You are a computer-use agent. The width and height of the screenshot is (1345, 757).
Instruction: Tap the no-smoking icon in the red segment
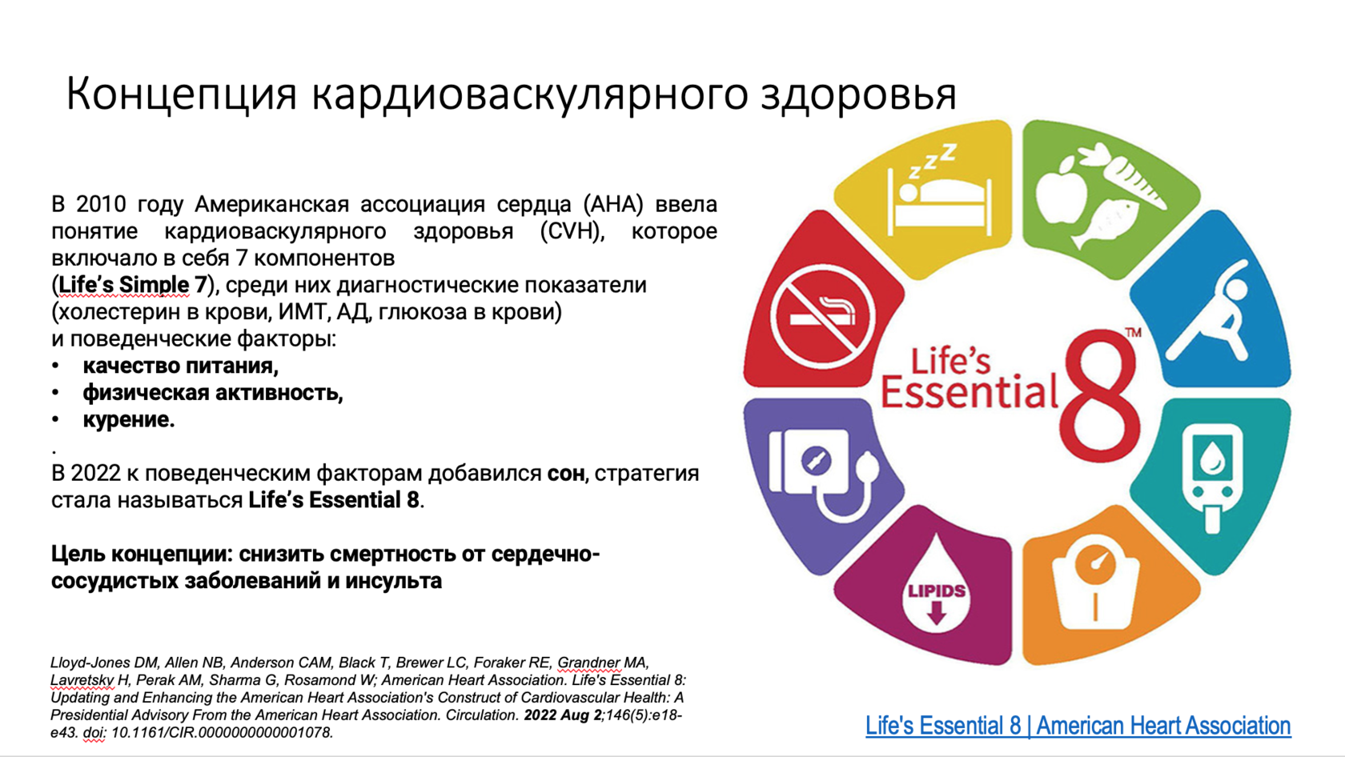pyautogui.click(x=822, y=318)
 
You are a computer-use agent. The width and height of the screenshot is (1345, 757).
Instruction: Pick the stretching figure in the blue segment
pyautogui.click(x=1208, y=311)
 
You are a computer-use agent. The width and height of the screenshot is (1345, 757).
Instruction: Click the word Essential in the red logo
pyautogui.click(x=969, y=392)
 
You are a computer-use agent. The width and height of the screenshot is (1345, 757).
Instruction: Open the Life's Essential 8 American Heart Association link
pyautogui.click(x=1078, y=726)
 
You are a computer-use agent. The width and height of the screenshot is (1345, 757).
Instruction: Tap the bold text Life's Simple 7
pyautogui.click(x=132, y=285)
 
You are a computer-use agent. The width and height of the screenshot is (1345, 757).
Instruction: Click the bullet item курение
pyautogui.click(x=128, y=419)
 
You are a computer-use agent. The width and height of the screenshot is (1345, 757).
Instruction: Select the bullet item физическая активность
pyautogui.click(x=213, y=393)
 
